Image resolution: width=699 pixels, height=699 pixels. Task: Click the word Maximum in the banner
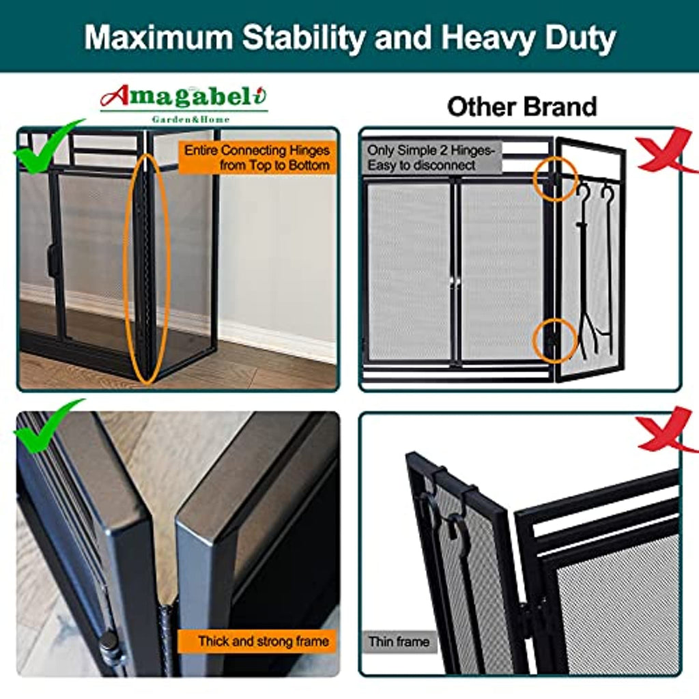(x=158, y=38)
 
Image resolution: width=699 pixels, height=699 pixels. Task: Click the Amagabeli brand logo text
(x=184, y=96)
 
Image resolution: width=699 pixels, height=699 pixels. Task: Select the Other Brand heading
(x=522, y=107)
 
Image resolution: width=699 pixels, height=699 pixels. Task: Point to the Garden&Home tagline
(x=191, y=119)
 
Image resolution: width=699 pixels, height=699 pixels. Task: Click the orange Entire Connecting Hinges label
(x=257, y=158)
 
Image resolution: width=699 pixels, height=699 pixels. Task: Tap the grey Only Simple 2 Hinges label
(x=431, y=158)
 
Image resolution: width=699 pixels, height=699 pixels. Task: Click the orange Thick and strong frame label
(x=257, y=642)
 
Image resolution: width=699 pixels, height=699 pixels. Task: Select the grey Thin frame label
(x=399, y=642)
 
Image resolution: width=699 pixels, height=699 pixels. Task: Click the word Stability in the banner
(x=304, y=38)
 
